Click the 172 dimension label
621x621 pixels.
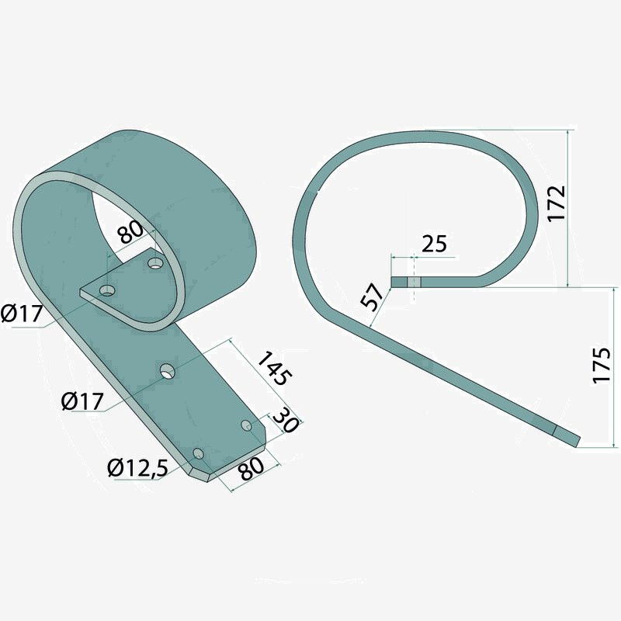[x=557, y=203]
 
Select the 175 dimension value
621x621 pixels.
[x=602, y=365]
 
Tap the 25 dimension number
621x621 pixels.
[x=434, y=244]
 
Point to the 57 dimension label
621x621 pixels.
[x=373, y=297]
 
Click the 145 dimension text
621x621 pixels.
[x=275, y=368]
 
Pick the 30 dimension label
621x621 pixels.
[x=285, y=421]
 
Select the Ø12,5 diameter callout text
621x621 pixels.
[x=137, y=468]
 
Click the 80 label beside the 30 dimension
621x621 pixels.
[x=252, y=469]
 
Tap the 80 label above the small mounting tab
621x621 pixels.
[x=130, y=232]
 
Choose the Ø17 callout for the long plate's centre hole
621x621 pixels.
[x=82, y=401]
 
